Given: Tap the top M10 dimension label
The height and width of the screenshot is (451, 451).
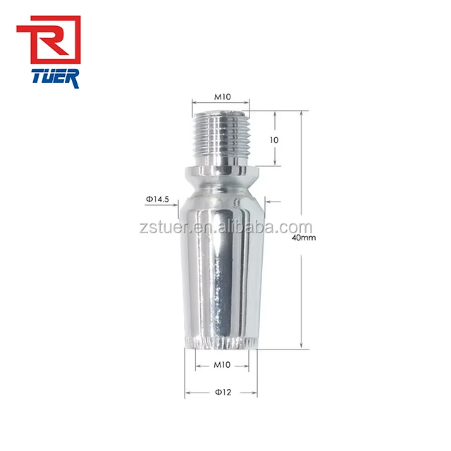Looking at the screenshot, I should pos(221,98).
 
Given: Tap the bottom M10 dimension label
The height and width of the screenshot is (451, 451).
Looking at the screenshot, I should pos(221,365).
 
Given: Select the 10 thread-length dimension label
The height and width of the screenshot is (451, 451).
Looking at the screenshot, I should pos(274,140).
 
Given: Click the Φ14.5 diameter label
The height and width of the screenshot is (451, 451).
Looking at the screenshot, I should pos(158,200).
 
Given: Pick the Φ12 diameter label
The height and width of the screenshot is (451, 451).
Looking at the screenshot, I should pos(221,392).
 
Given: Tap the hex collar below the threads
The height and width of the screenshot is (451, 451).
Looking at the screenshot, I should pos(221,172).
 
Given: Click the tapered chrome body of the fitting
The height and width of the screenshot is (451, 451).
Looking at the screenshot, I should pos(221,275).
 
